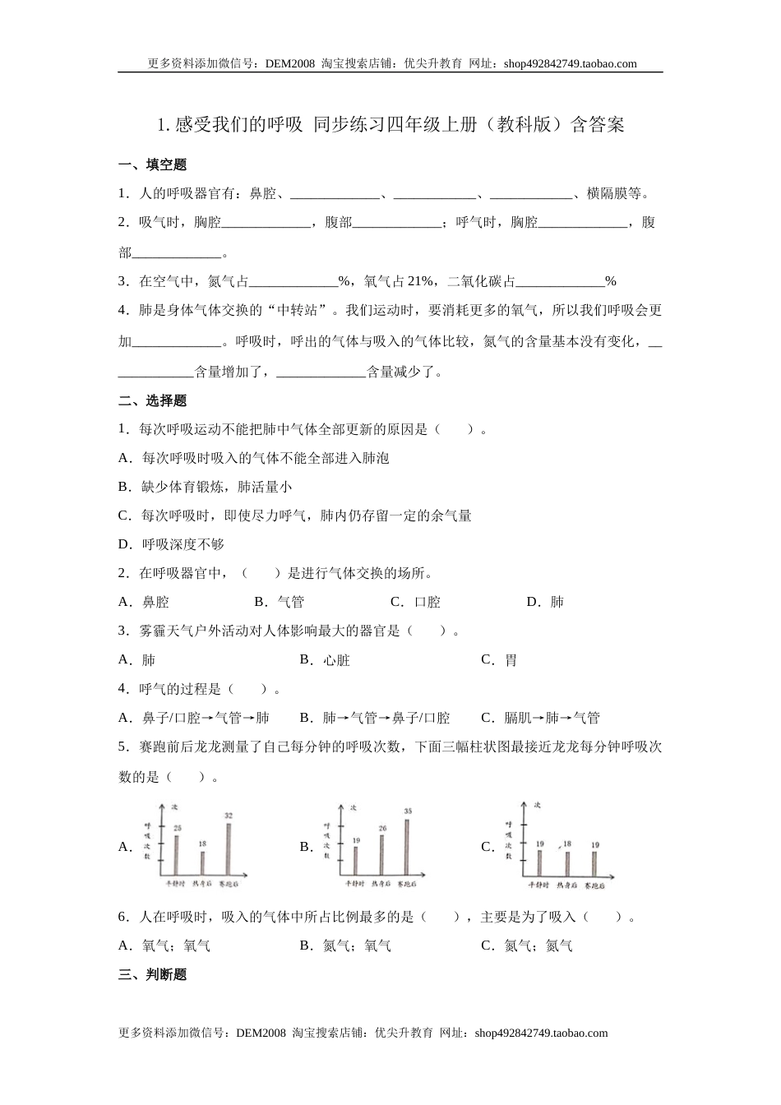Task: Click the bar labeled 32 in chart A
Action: tap(229, 848)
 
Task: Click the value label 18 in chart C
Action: tap(567, 844)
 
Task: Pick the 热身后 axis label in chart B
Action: tap(381, 884)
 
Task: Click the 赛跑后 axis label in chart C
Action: tap(595, 885)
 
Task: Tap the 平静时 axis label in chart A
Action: tap(176, 884)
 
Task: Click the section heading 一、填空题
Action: tap(153, 165)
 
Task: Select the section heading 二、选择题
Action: tap(153, 401)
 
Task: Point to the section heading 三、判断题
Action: tap(153, 975)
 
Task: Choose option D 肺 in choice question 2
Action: tap(545, 602)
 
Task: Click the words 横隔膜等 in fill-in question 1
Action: tap(617, 194)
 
